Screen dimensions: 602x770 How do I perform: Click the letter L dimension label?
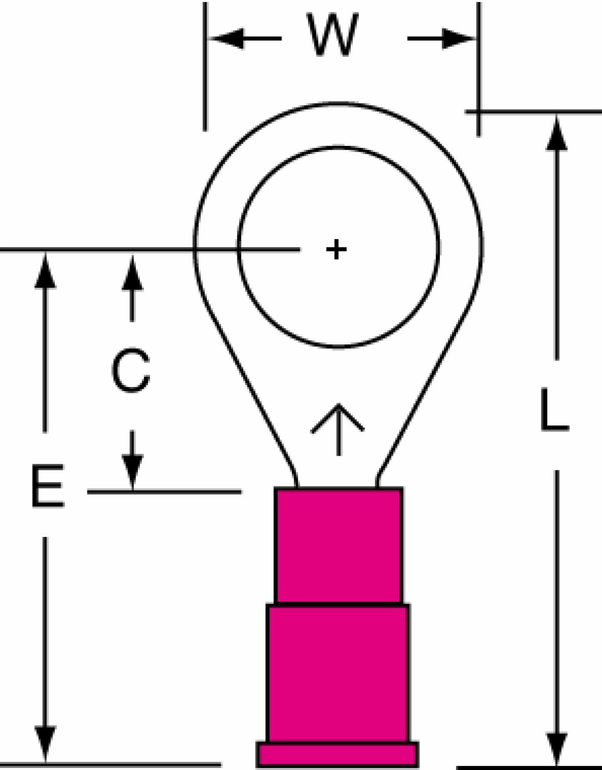pyautogui.click(x=555, y=410)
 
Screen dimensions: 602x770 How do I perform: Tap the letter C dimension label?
pyautogui.click(x=130, y=370)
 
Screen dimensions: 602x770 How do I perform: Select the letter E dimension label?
pyautogui.click(x=48, y=486)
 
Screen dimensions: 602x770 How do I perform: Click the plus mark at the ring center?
pyautogui.click(x=336, y=250)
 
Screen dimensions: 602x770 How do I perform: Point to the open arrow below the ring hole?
pyautogui.click(x=338, y=430)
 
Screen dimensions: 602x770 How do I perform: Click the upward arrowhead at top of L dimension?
pyautogui.click(x=557, y=133)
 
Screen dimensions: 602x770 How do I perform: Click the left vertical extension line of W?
pyautogui.click(x=205, y=67)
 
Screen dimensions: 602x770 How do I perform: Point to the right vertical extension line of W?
pyautogui.click(x=479, y=69)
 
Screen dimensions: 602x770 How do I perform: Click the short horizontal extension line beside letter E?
pyautogui.click(x=165, y=492)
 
